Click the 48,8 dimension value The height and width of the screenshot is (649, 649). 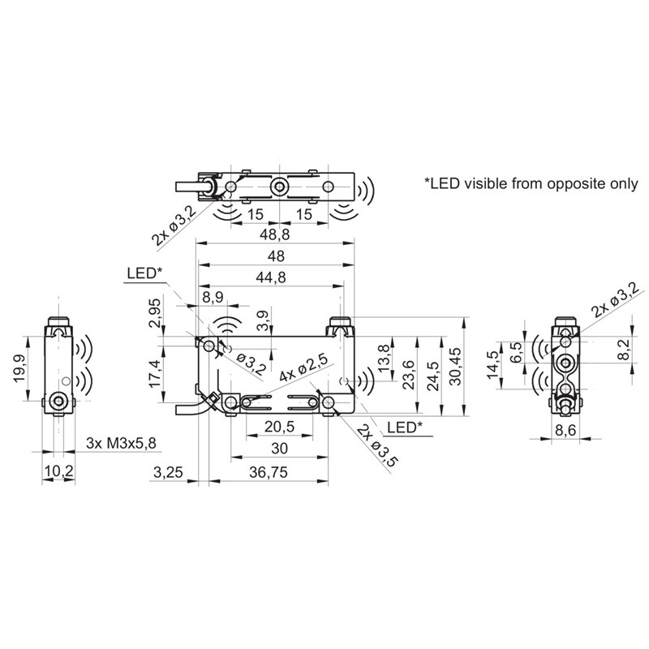(x=275, y=234)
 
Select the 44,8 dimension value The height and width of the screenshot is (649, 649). (x=271, y=277)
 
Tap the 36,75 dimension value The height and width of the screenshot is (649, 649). (x=269, y=472)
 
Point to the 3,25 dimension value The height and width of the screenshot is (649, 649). (x=168, y=472)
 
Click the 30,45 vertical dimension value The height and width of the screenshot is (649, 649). (x=455, y=367)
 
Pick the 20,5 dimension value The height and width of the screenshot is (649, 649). (x=279, y=427)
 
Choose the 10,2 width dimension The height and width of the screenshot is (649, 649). (x=58, y=471)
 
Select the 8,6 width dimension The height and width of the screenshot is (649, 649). (x=565, y=431)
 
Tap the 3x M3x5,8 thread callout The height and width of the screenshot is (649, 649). (x=121, y=443)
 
